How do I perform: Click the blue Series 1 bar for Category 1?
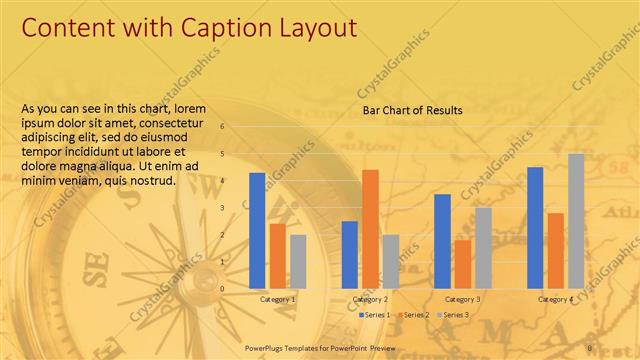click(257, 230)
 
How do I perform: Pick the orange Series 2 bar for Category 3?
click(462, 263)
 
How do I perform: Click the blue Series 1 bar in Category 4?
click(535, 227)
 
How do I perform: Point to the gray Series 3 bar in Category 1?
click(298, 261)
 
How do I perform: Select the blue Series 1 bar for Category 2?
click(350, 254)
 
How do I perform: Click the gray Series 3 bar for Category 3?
click(483, 247)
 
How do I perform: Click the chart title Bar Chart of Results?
click(412, 110)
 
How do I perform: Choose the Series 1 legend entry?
click(374, 315)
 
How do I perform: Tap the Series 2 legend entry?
click(414, 315)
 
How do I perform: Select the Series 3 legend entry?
click(454, 315)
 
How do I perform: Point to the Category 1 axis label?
click(277, 299)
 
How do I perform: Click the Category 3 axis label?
click(462, 299)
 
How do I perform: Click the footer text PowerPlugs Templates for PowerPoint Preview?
click(320, 347)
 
